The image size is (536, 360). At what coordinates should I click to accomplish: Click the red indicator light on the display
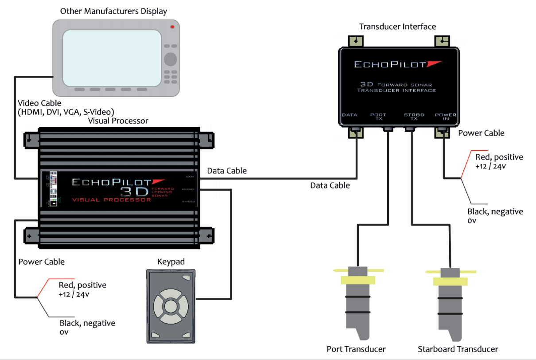pos(172,27)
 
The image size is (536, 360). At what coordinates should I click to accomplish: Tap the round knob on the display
pos(170,59)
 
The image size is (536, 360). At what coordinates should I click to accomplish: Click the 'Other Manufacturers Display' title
pos(114,11)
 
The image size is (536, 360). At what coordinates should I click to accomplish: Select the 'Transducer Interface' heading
pos(397,27)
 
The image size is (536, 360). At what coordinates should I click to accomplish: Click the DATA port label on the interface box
pos(350,115)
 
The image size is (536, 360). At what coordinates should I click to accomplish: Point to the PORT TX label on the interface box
pos(378,117)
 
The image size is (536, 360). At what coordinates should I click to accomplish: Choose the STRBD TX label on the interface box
pos(414,117)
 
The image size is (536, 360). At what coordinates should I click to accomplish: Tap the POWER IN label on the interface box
pos(445,117)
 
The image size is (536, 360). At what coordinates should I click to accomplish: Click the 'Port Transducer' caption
pos(356,349)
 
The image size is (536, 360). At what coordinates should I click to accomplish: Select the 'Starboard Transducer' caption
pos(458,349)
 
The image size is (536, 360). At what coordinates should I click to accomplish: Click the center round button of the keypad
pos(171,306)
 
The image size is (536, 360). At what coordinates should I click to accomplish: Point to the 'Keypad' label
pos(171,262)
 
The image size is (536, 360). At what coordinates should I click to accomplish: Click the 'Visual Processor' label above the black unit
pos(118,121)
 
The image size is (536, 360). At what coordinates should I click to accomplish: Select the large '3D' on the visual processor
pos(136,191)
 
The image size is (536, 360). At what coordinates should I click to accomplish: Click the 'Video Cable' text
pos(40,103)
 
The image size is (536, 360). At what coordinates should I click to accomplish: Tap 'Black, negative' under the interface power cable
pos(495,211)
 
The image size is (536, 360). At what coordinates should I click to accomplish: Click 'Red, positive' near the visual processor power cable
pos(82,285)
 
